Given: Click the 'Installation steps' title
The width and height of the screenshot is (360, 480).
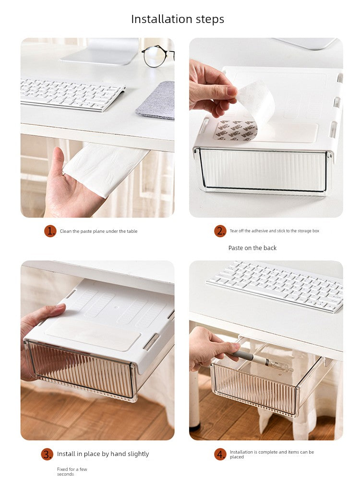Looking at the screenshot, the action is pyautogui.click(x=178, y=19).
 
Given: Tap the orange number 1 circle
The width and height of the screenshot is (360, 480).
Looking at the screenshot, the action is pyautogui.click(x=50, y=231).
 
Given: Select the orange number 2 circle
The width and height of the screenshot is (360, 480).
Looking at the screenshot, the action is pyautogui.click(x=220, y=231).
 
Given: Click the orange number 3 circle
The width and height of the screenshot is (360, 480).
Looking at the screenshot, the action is pyautogui.click(x=47, y=454).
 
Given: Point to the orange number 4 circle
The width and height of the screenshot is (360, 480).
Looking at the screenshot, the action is pyautogui.click(x=220, y=454).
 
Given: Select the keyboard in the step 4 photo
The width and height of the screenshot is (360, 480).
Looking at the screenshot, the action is pyautogui.click(x=276, y=286).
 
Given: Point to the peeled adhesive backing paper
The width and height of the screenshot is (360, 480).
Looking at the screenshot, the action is pyautogui.click(x=256, y=101).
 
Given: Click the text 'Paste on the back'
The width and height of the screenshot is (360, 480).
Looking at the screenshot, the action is pyautogui.click(x=252, y=248).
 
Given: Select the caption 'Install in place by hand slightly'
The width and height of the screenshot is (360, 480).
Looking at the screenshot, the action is pyautogui.click(x=103, y=454).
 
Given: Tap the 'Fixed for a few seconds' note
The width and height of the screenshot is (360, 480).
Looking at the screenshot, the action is pyautogui.click(x=72, y=471).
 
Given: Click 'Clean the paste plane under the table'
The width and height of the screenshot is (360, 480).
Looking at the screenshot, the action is pyautogui.click(x=98, y=231).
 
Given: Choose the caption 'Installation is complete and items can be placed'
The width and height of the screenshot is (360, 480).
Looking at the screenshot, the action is pyautogui.click(x=272, y=454).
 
